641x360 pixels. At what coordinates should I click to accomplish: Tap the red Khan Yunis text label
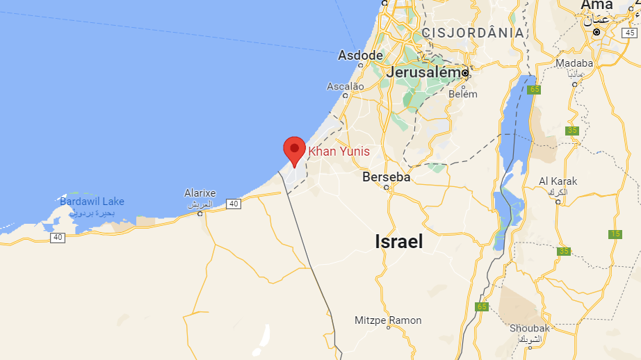[x=339, y=151]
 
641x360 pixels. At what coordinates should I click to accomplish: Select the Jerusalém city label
[x=423, y=72]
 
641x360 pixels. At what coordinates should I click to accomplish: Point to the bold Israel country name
[x=398, y=241]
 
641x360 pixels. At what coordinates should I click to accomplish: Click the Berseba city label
[x=387, y=177]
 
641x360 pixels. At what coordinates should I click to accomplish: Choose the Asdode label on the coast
[x=360, y=55]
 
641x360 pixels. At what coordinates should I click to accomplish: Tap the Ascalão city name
[x=346, y=86]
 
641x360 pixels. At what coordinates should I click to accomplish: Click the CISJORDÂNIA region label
[x=473, y=33]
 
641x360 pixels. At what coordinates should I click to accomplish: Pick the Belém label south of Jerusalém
[x=463, y=94]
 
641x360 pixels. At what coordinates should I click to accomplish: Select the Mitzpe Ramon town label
[x=388, y=320]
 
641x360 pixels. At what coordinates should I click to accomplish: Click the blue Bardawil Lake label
[x=92, y=202]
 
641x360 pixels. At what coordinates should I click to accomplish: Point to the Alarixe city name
[x=200, y=193]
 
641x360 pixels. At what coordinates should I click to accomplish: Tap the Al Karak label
[x=558, y=181]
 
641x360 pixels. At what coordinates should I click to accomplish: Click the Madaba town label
[x=575, y=63]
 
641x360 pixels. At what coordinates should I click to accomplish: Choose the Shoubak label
[x=530, y=328]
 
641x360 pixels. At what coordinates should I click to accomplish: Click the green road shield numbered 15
[x=615, y=234]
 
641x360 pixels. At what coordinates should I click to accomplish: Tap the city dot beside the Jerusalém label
[x=466, y=72]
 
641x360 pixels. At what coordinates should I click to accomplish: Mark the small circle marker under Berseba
[x=387, y=187]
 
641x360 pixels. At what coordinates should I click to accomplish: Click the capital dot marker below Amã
[x=597, y=31]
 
